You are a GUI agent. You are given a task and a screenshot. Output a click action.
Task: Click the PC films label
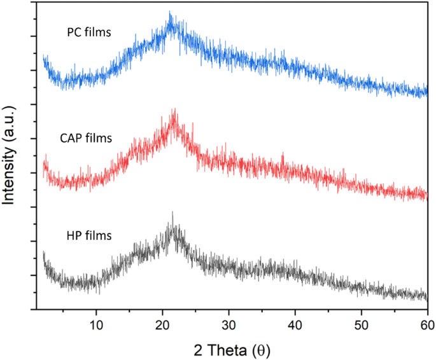click(90, 33)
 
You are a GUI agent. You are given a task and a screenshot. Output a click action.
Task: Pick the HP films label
click(90, 236)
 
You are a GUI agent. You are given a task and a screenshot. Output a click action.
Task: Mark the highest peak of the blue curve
click(169, 11)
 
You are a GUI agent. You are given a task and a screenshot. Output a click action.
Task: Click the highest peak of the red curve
click(173, 109)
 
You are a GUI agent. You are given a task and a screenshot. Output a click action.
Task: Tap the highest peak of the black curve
click(172, 212)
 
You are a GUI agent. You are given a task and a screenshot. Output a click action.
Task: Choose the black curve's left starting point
click(43, 254)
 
